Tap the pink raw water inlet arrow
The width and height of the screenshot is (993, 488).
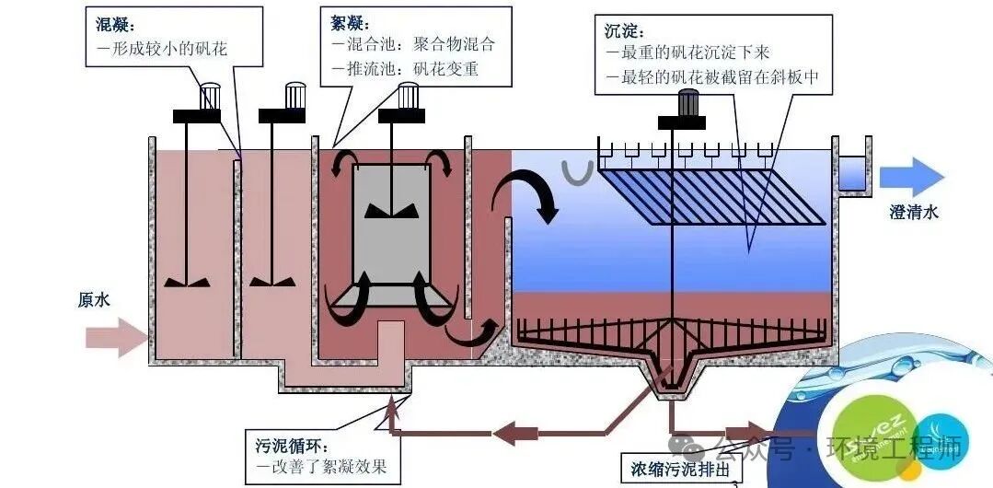click(116, 337)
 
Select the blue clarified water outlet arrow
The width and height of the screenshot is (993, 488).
click(911, 176)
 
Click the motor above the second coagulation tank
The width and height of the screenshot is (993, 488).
click(294, 95)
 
